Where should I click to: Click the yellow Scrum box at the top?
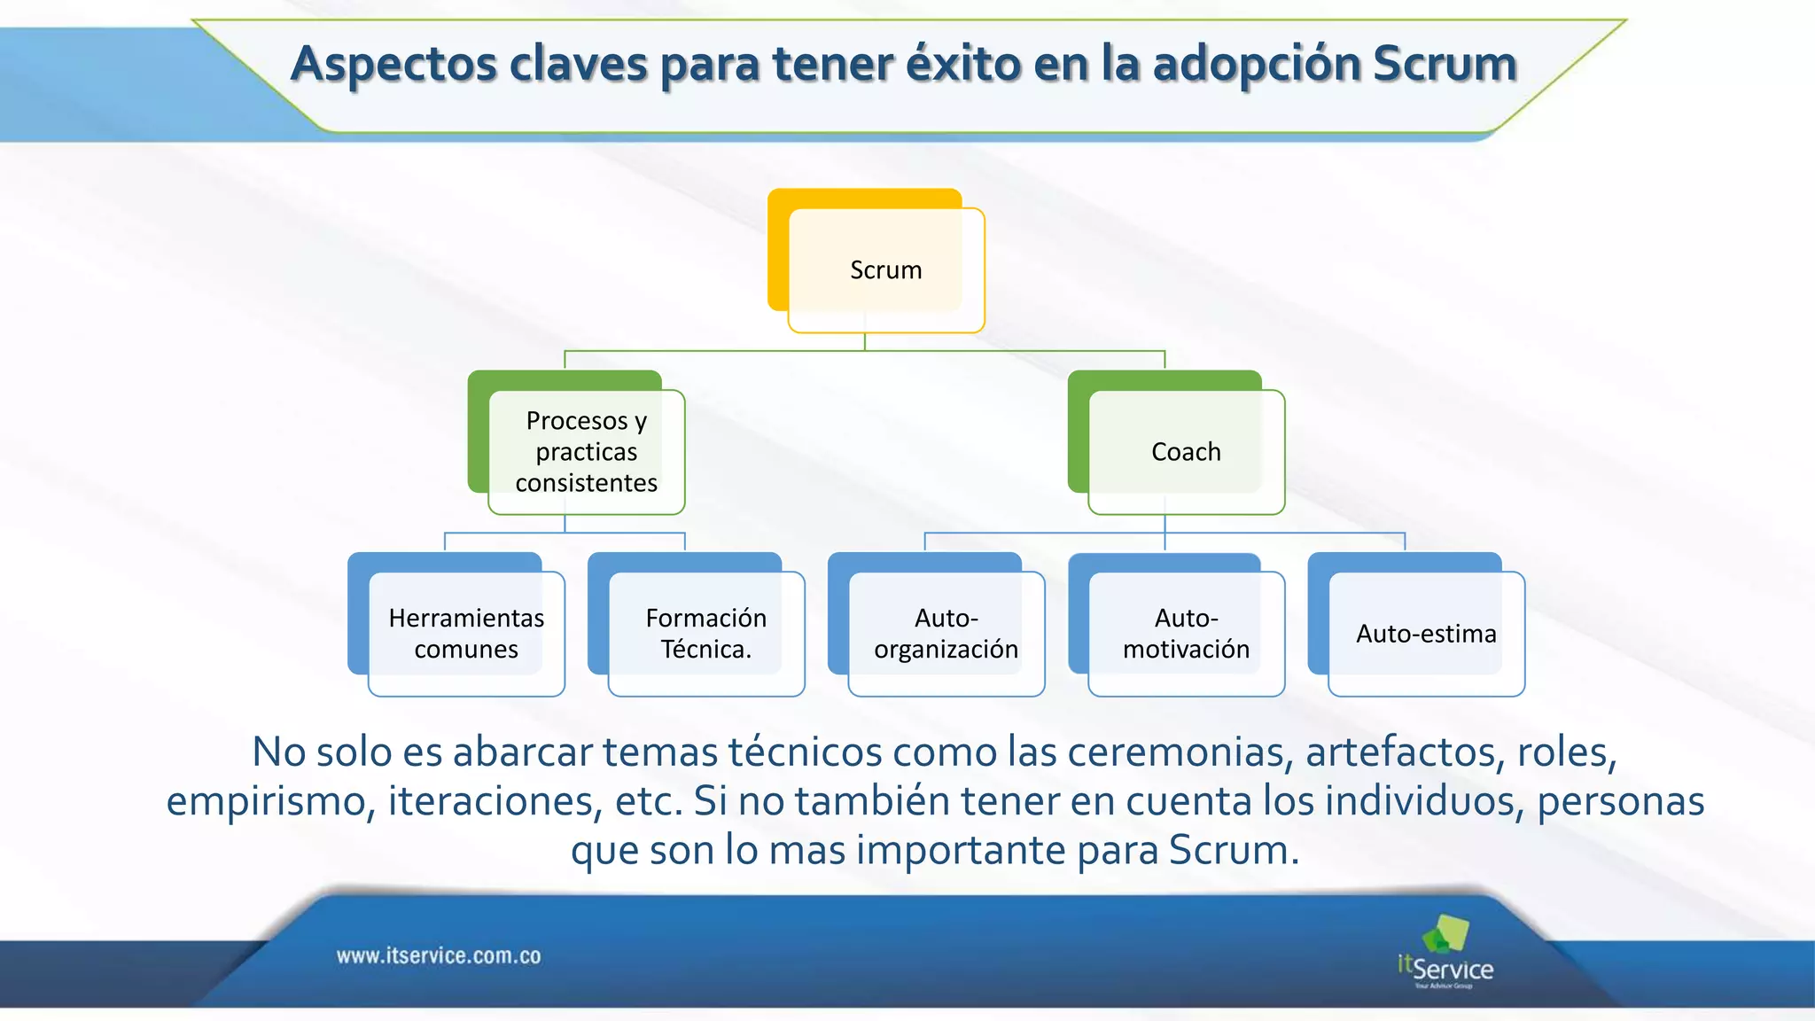(885, 269)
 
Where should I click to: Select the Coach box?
(1186, 451)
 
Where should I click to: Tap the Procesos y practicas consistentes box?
(586, 451)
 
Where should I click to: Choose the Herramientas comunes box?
(466, 633)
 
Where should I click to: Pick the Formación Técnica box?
(706, 633)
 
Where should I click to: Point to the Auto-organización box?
(946, 633)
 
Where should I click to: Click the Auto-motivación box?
(1186, 633)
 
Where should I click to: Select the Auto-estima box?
(1425, 633)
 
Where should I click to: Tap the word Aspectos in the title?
(393, 64)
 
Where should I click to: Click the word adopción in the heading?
(1256, 64)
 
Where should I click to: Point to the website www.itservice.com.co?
(439, 956)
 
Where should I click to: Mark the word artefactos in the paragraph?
(1404, 752)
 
